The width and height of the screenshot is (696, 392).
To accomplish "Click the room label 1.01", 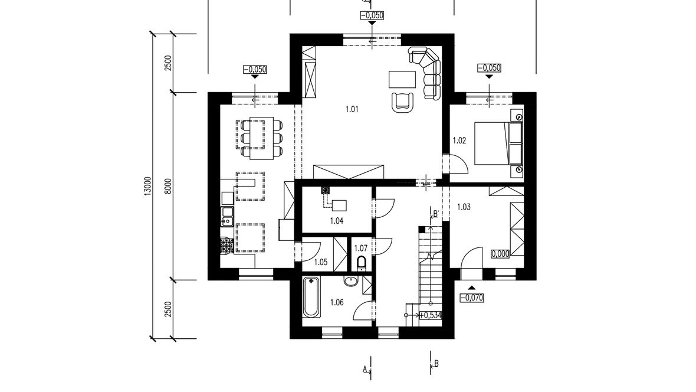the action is [352, 109].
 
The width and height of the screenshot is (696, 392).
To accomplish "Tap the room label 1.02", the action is [459, 141].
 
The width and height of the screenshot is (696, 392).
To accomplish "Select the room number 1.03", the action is [464, 207].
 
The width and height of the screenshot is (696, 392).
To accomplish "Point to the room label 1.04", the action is [336, 220].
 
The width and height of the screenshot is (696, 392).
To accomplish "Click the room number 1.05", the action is [320, 262].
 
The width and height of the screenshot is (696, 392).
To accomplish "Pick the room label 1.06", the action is [337, 303].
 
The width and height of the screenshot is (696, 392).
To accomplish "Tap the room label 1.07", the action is [361, 248].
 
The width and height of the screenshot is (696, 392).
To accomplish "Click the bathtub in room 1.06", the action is [311, 297].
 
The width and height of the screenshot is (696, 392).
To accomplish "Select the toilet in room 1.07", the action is [362, 263].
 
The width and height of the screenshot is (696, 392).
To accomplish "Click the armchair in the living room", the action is [403, 102].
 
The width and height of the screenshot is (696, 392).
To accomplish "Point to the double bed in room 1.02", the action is [498, 143].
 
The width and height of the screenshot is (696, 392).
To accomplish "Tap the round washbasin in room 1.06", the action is [351, 282].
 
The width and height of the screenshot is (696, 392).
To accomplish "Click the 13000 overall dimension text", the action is [148, 185].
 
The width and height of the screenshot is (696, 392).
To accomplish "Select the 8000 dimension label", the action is [168, 186].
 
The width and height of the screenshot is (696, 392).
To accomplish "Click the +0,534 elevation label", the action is [430, 315].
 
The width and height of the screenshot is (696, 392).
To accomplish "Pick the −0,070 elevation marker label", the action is [471, 298].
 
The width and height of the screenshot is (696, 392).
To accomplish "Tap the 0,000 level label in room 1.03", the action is [500, 254].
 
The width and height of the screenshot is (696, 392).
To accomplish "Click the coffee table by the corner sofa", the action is [402, 80].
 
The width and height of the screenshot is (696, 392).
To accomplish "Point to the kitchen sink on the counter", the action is [227, 215].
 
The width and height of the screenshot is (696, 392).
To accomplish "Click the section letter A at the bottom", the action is [365, 369].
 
